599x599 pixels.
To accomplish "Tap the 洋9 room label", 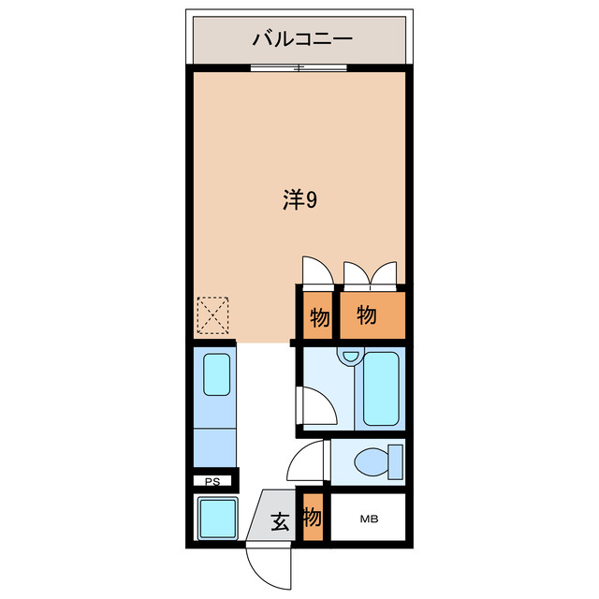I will pos(299,199).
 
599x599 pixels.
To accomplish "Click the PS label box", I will pos(212,481).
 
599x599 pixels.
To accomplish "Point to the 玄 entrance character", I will pos(280,521).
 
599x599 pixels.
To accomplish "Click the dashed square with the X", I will pos(212,314).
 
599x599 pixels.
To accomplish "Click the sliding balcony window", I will pos(298,67).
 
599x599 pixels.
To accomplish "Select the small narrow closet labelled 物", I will pos(319,317).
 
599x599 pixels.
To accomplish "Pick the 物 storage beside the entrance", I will pos(313,518).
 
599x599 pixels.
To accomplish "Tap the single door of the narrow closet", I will pos(316,272).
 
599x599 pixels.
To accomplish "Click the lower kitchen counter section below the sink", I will pos(215,445).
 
